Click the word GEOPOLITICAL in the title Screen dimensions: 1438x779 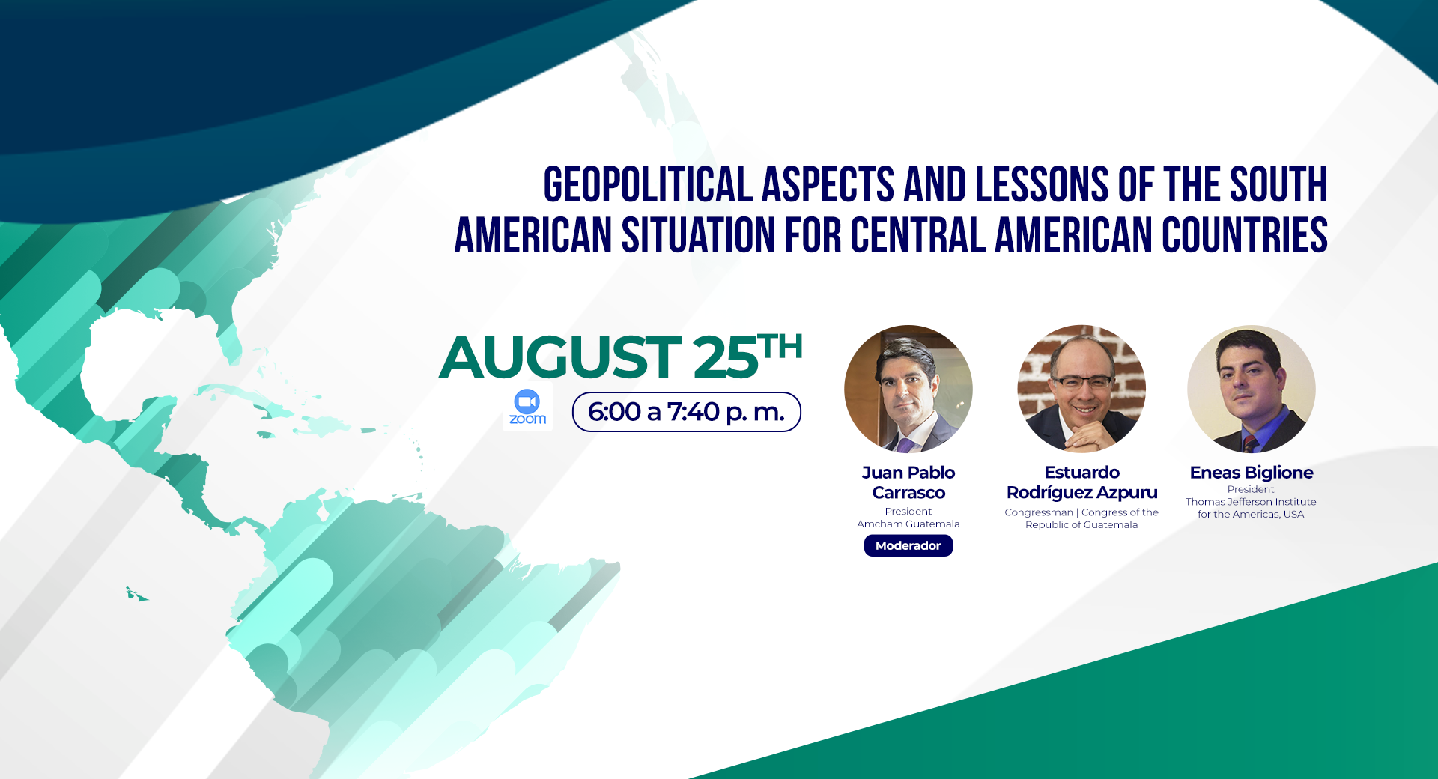tap(648, 185)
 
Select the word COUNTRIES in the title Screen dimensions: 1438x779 tap(1245, 235)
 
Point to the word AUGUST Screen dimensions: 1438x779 tap(559, 357)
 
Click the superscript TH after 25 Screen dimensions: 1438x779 tap(780, 347)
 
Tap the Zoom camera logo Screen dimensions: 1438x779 tap(527, 407)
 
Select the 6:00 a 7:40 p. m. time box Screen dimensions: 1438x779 tap(687, 412)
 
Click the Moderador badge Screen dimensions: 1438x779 tap(908, 545)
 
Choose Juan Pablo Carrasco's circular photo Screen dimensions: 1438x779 tap(908, 389)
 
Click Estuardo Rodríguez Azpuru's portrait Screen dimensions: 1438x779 tap(1081, 389)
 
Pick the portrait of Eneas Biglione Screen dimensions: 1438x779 tap(1252, 389)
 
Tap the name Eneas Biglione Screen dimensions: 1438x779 tap(1252, 473)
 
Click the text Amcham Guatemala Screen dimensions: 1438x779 tap(908, 524)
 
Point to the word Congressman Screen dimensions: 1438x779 tap(1039, 512)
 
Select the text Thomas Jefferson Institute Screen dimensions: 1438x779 tap(1251, 502)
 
